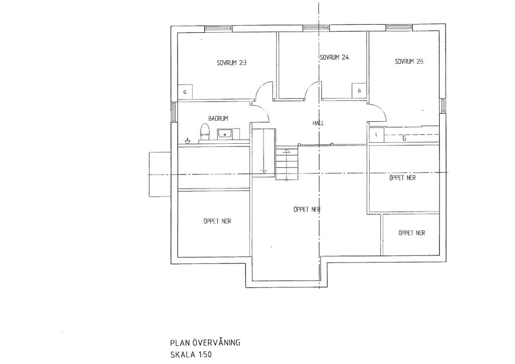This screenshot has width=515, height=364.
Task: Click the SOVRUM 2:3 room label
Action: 231,63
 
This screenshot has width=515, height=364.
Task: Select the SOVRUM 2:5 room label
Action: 409,61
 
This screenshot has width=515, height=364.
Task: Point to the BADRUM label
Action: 218,119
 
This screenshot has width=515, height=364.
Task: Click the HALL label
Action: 318,123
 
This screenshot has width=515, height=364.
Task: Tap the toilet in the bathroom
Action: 205,132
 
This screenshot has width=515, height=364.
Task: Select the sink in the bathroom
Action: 225,134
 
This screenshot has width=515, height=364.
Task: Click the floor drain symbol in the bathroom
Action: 187,141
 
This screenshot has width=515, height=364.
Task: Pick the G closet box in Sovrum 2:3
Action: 185,92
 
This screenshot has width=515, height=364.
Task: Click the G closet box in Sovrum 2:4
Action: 359,90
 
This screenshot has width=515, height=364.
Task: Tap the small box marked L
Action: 376,135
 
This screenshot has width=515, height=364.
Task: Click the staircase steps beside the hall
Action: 286,163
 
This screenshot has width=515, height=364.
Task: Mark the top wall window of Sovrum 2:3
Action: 219,29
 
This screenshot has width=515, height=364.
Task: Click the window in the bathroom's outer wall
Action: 174,112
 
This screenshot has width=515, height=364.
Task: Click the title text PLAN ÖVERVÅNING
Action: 205,343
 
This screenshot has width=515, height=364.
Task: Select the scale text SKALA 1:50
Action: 191,355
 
